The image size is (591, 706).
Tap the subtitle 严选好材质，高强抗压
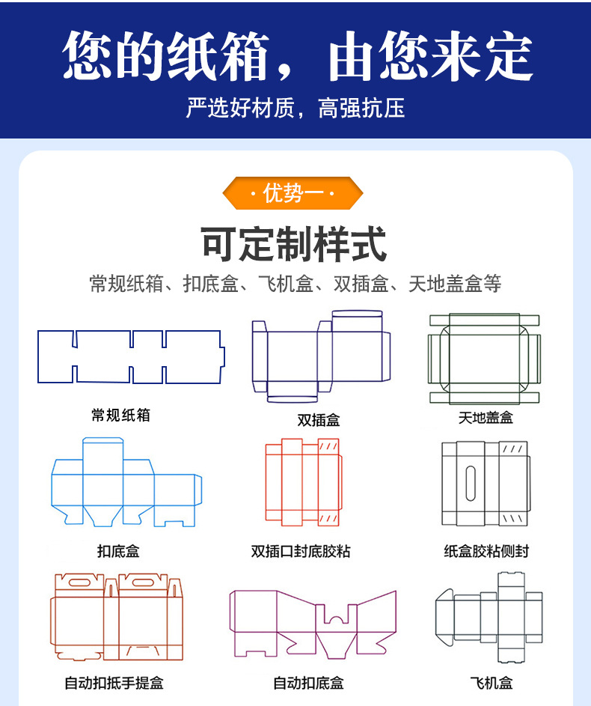click(295, 109)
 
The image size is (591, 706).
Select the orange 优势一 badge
click(293, 193)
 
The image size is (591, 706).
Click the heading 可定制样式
click(294, 244)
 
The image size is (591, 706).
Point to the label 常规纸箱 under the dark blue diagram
click(120, 415)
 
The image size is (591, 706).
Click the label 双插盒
click(319, 420)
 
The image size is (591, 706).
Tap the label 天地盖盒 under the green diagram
click(486, 418)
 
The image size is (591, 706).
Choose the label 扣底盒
click(118, 552)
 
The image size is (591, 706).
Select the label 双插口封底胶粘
click(301, 552)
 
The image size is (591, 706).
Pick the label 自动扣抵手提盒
click(114, 683)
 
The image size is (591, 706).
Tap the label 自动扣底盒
click(308, 683)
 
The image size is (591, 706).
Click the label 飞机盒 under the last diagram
click(492, 683)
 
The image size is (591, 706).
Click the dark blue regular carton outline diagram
click(131, 357)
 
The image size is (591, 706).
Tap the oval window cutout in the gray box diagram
click(470, 483)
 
